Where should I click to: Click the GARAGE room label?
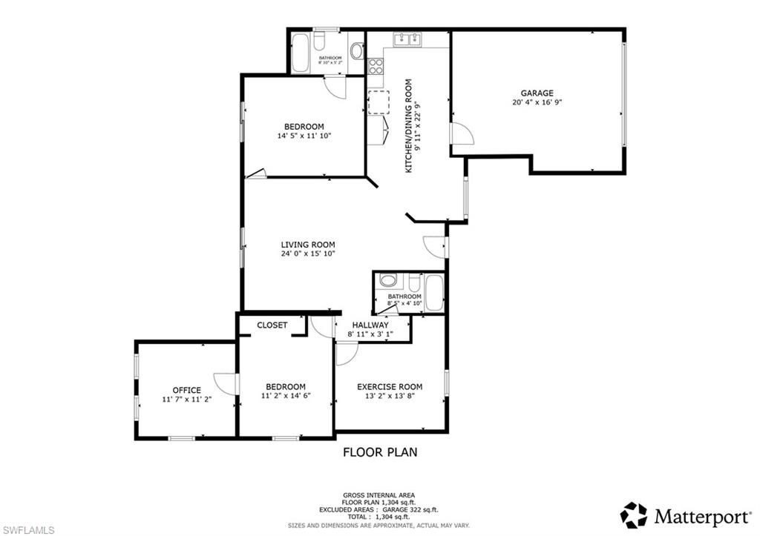pos(537,93)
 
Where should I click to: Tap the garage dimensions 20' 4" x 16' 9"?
pos(537,102)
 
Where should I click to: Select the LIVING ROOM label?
pos(307,244)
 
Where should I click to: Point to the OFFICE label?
pos(186,390)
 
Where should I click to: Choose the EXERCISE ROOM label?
pos(390,386)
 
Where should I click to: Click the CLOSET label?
pos(272,325)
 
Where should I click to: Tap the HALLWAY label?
pos(370,325)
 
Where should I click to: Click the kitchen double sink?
pos(407,39)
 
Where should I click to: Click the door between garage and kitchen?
pos(461,135)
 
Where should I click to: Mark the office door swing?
pos(225,383)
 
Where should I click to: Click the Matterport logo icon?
pos(634,515)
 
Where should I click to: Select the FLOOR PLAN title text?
pos(379,451)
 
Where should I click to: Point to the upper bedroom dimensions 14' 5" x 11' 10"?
pos(304,136)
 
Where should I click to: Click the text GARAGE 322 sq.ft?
pos(410,509)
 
